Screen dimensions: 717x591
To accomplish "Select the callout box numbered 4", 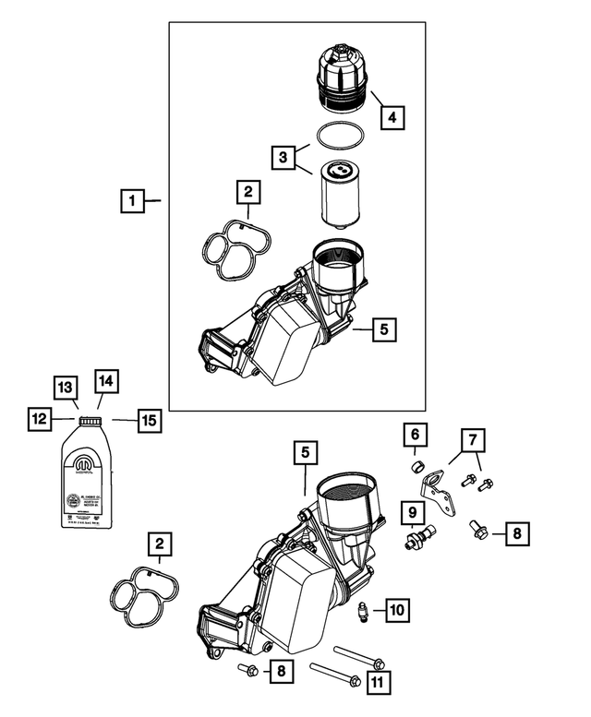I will tap(392, 117).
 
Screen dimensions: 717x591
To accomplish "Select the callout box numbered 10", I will tap(397, 610).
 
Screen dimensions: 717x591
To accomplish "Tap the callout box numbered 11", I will tap(379, 682).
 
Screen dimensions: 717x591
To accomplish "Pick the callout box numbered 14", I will tap(105, 380).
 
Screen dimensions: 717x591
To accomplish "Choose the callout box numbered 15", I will tap(149, 421).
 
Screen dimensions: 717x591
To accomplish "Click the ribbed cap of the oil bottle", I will tap(90, 423).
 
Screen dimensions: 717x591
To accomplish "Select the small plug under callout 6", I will tap(417, 464).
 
